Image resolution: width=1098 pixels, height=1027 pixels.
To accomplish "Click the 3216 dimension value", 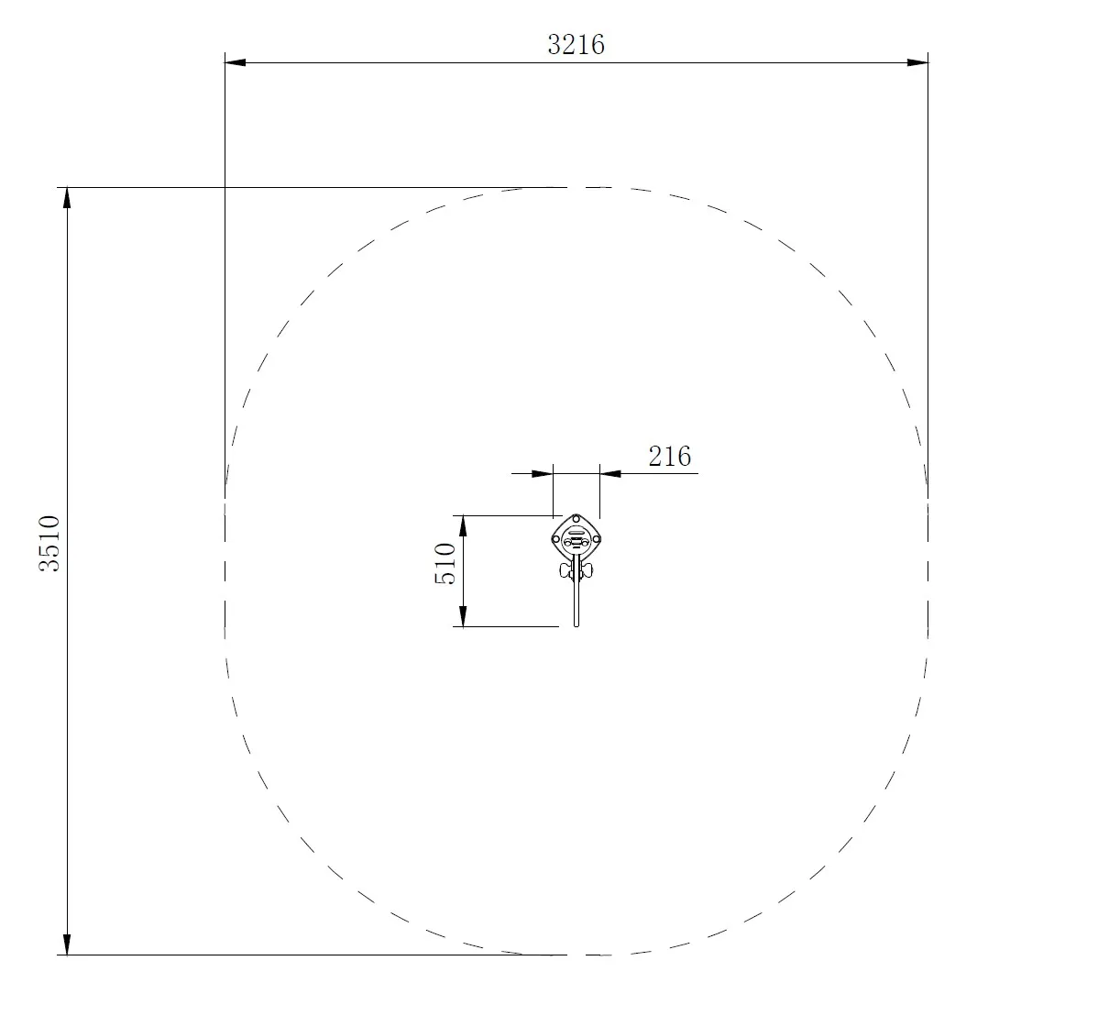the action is tap(576, 44).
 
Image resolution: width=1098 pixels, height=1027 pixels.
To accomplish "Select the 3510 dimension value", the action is tap(49, 544).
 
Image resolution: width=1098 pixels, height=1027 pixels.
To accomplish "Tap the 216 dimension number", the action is tap(669, 456).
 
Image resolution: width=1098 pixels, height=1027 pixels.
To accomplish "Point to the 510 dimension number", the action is tap(445, 563).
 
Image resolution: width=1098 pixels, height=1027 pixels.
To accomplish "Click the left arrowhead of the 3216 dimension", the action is tap(236, 62).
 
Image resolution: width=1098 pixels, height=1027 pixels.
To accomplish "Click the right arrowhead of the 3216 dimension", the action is tap(917, 62).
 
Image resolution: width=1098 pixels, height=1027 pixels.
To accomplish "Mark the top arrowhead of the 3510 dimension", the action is tap(67, 198).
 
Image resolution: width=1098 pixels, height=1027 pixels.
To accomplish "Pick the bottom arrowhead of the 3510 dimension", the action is tap(67, 944).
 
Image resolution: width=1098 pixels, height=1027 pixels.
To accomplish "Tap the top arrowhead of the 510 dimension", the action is tap(464, 525).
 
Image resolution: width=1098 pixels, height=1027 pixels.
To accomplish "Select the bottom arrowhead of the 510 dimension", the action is tap(464, 616).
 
